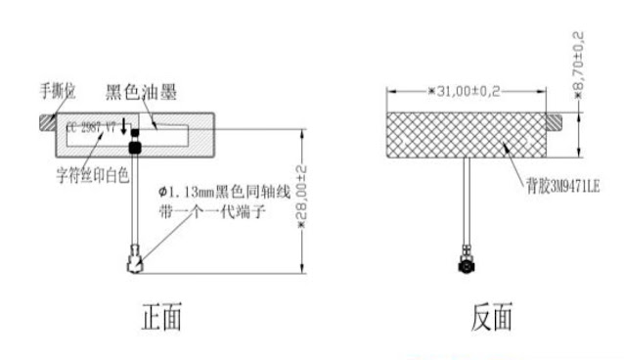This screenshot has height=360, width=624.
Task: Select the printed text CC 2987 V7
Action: point(91,128)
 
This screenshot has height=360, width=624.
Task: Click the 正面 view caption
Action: point(161,317)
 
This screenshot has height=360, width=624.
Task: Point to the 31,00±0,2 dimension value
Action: point(465,91)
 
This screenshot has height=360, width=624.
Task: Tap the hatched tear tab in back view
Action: point(556,121)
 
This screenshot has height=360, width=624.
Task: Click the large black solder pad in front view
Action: point(135,146)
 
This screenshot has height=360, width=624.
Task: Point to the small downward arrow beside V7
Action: point(124,125)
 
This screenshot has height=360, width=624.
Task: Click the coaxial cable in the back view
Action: point(467,205)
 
